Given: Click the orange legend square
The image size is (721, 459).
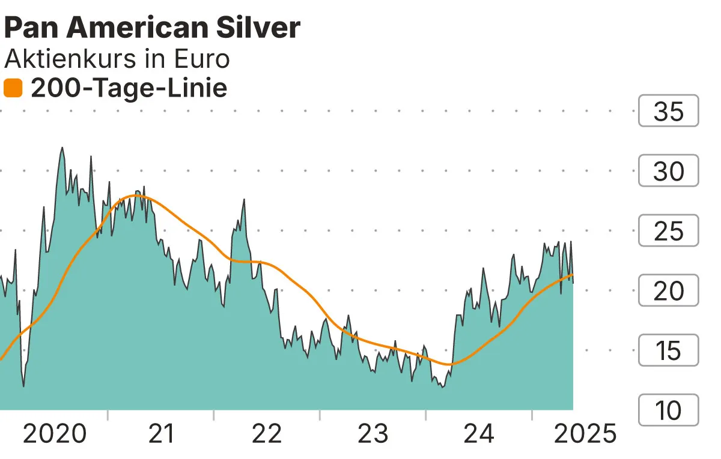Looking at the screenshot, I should pos(13,88).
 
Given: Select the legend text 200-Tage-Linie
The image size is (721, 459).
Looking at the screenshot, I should pos(129,88).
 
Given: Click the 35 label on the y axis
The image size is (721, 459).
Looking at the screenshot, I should pos(668,111).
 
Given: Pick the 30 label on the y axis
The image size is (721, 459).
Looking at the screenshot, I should pos(668,171).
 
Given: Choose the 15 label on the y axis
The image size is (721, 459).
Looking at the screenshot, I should pos(668,350).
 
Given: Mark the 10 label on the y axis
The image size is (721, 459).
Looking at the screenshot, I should pos(668,410).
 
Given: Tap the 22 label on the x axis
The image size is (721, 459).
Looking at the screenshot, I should pos(266,433).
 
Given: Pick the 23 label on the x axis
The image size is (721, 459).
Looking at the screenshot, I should pos(373,433).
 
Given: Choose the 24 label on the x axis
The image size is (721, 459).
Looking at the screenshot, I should pos(479,433).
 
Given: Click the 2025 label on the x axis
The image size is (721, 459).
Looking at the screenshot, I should pos(585,433).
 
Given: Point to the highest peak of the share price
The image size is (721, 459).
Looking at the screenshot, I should pos(62,148).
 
